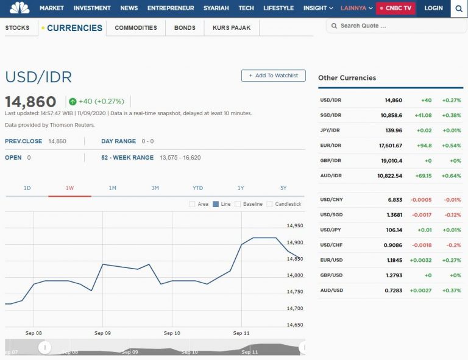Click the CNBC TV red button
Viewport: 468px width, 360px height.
tap(396, 8)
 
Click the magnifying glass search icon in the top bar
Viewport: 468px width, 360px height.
tap(459, 9)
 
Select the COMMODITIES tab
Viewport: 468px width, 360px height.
tap(135, 28)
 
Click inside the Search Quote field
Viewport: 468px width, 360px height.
tap(396, 26)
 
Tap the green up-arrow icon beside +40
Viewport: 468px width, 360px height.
tap(73, 102)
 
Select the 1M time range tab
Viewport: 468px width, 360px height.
tap(112, 188)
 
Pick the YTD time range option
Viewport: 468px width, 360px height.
tap(197, 188)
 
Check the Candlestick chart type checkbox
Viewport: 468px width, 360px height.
tap(270, 204)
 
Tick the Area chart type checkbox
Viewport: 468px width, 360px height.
tap(193, 204)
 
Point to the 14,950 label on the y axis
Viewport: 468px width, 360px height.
tap(295, 226)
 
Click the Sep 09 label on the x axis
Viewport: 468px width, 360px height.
tap(103, 333)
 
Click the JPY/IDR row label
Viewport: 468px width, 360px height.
tap(330, 130)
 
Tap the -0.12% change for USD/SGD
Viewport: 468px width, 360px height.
tap(452, 215)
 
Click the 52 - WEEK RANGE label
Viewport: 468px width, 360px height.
tap(127, 158)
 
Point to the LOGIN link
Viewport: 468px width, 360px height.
tap(433, 8)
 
